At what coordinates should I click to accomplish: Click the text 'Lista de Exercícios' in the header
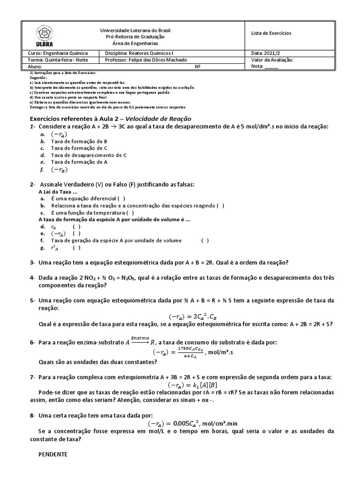click(271, 33)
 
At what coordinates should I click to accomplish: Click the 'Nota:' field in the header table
click(265, 67)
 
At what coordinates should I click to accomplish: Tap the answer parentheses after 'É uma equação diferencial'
click(121, 198)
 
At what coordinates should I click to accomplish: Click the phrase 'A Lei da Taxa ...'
click(57, 192)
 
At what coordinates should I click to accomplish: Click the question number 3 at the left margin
click(32, 262)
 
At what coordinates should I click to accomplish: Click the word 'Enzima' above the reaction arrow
click(140, 337)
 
